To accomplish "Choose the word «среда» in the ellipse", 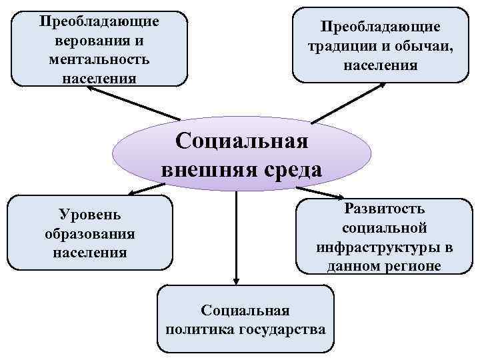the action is point(289,169).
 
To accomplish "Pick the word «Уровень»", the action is point(89,215).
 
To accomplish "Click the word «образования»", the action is point(89,234).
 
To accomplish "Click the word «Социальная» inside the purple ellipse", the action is point(241,142).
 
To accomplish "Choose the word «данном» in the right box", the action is point(355,267).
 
